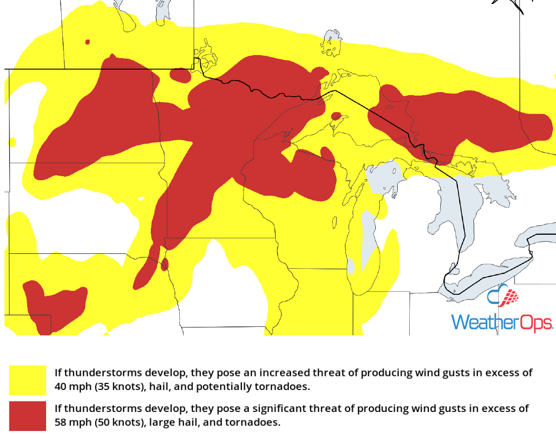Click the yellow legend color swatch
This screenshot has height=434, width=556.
pyautogui.click(x=27, y=380)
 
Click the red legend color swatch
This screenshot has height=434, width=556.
pyautogui.click(x=27, y=415)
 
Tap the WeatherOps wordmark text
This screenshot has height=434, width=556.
pyautogui.click(x=501, y=322)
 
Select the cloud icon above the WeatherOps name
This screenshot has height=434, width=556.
pyautogui.click(x=502, y=296)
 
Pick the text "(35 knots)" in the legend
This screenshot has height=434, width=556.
pyautogui.click(x=117, y=387)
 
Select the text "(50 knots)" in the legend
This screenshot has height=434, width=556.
pyautogui.click(x=117, y=422)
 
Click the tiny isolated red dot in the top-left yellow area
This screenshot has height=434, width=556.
pyautogui.click(x=88, y=42)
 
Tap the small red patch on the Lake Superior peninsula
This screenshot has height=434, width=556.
pyautogui.click(x=337, y=116)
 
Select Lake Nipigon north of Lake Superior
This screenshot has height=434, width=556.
pyautogui.click(x=332, y=43)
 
